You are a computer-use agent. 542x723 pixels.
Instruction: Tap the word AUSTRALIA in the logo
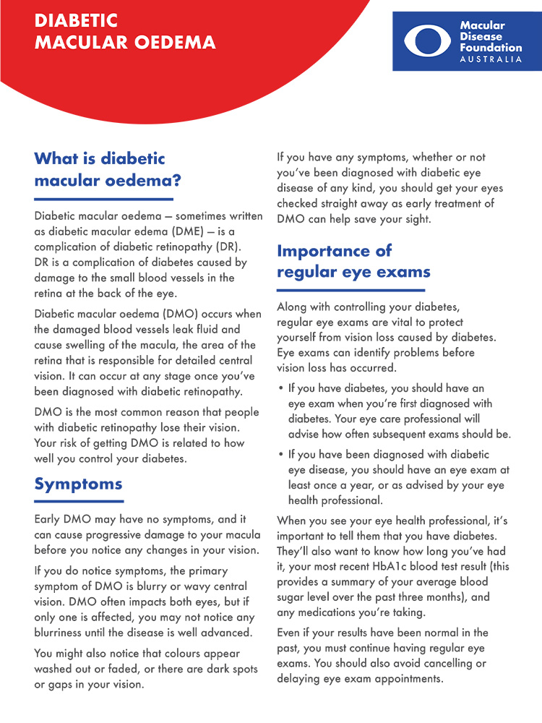[x=491, y=59]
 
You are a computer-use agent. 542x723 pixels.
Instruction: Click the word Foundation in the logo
[x=490, y=48]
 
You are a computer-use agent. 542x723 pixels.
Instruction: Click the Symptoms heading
[x=78, y=484]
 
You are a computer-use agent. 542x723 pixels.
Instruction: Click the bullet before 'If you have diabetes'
[x=280, y=388]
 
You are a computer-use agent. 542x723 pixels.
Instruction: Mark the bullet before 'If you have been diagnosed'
[x=280, y=455]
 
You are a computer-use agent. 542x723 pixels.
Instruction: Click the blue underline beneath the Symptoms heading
[x=79, y=501]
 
